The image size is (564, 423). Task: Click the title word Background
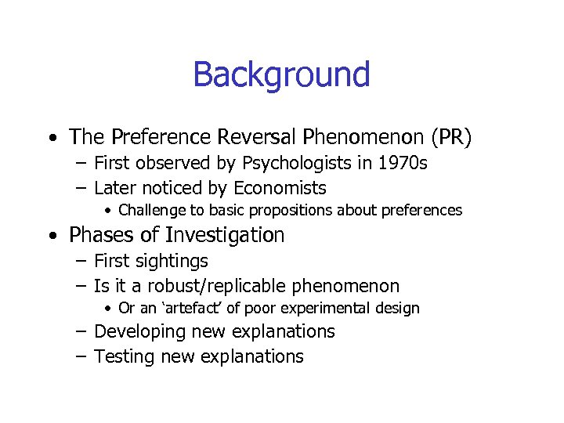(x=281, y=75)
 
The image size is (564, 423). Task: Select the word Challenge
(x=150, y=211)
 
